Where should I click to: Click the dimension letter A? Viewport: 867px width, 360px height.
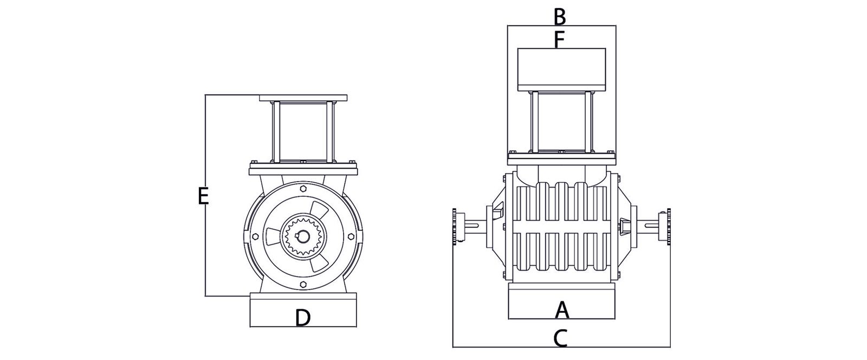562,310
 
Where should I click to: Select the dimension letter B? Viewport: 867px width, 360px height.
560,17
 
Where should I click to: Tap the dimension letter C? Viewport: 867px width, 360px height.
560,338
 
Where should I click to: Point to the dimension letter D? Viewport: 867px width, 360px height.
303,318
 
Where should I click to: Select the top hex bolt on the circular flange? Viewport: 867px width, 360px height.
303,189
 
